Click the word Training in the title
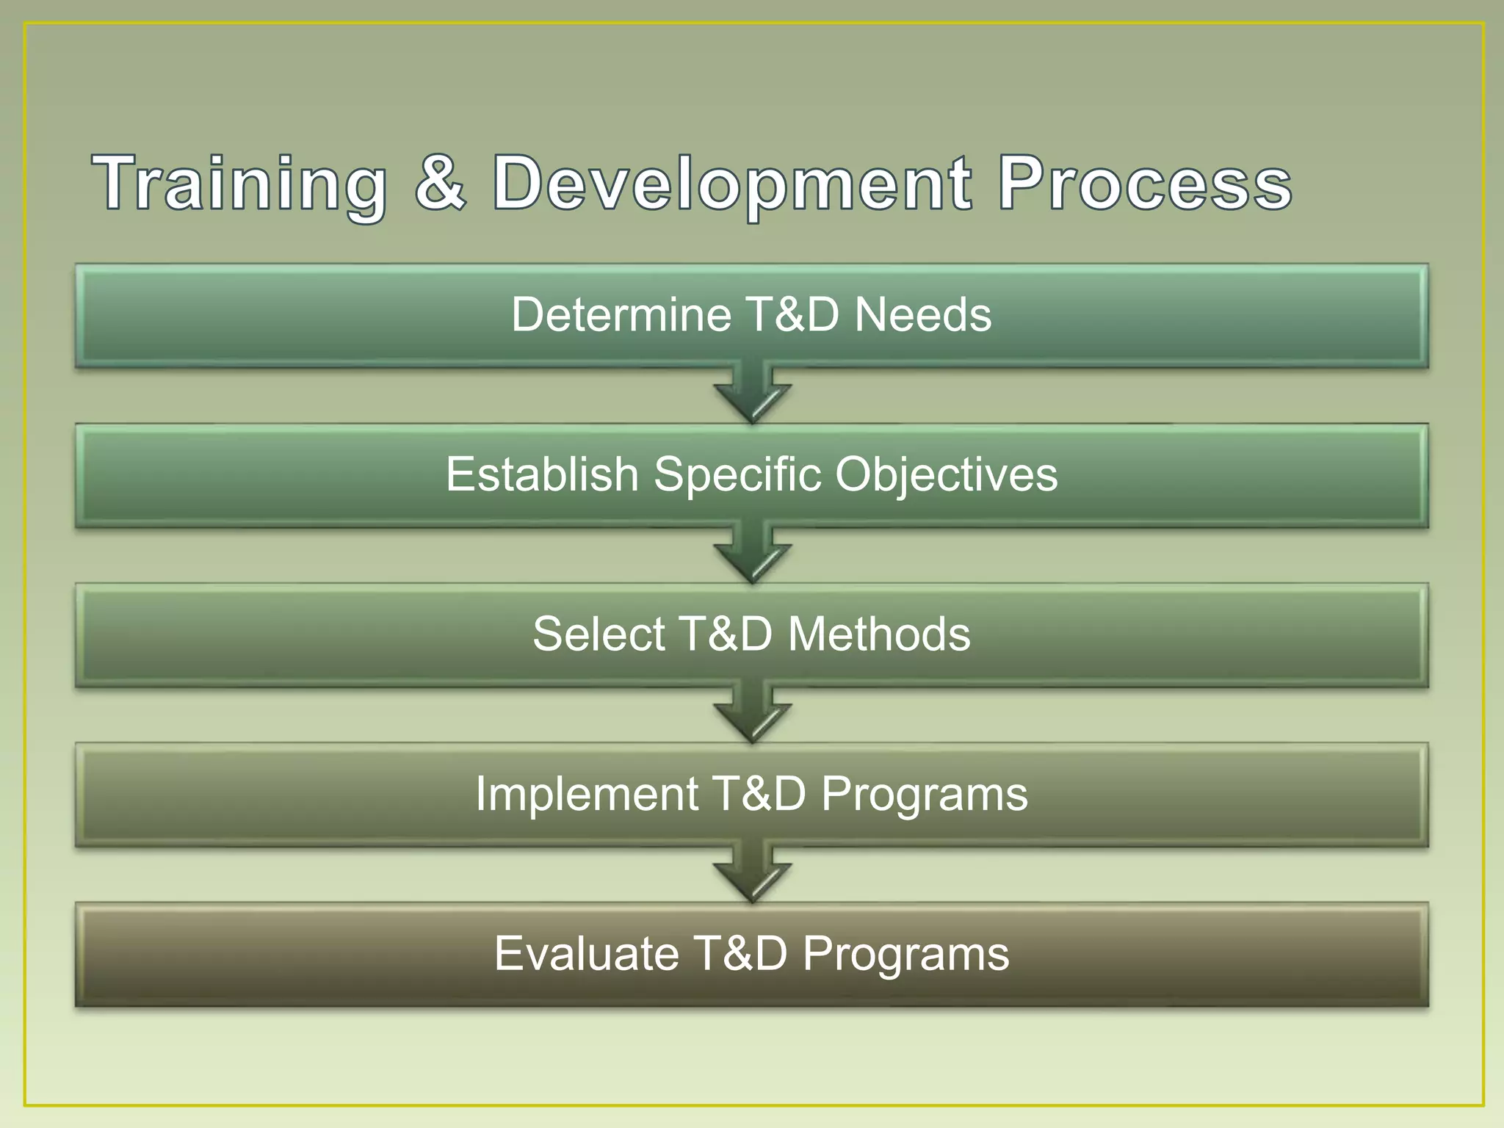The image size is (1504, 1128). click(239, 184)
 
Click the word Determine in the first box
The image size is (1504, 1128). click(620, 315)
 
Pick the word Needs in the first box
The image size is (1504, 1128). click(923, 315)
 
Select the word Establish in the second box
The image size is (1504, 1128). click(542, 474)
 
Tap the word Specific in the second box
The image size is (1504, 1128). click(737, 474)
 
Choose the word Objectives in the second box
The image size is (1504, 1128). click(947, 474)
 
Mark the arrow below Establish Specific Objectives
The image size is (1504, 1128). click(752, 555)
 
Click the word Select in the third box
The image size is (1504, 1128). click(599, 634)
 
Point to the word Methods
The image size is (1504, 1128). click(879, 634)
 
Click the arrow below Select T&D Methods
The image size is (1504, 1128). click(752, 715)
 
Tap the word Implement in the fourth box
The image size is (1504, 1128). click(587, 794)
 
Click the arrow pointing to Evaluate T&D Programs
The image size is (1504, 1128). click(752, 875)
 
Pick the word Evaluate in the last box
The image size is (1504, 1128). click(586, 954)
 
